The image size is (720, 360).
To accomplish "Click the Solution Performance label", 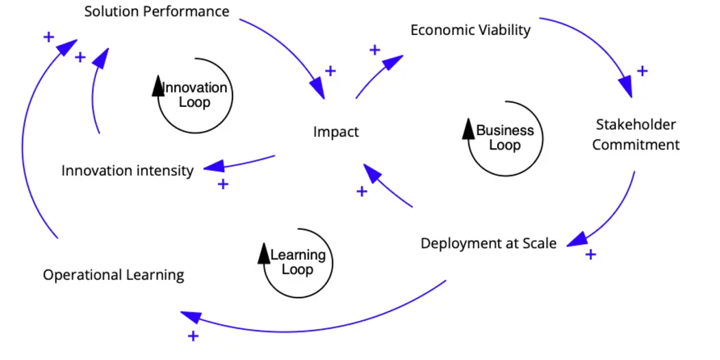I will pyautogui.click(x=156, y=12).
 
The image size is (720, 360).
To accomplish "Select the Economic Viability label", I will pyautogui.click(x=470, y=30).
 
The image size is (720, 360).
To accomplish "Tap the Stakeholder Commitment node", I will pyautogui.click(x=636, y=134).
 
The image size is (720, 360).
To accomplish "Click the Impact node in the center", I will pyautogui.click(x=336, y=132).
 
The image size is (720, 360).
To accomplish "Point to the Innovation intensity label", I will pyautogui.click(x=128, y=170).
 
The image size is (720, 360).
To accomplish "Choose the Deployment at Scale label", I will pyautogui.click(x=488, y=243).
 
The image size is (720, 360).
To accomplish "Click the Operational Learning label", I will pyautogui.click(x=114, y=275).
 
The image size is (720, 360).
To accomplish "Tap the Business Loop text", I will pyautogui.click(x=505, y=137).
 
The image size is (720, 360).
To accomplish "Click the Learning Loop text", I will pyautogui.click(x=298, y=262).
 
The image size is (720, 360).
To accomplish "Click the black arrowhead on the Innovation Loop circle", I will pyautogui.click(x=158, y=86).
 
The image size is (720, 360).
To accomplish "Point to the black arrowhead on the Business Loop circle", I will pyautogui.click(x=469, y=128).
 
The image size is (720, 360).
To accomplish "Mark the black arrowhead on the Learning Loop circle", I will pyautogui.click(x=264, y=253).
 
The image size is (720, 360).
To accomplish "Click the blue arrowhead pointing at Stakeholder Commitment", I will pyautogui.click(x=625, y=87).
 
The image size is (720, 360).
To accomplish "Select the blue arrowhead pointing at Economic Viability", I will pyautogui.click(x=392, y=63).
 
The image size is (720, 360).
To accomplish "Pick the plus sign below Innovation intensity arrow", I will pyautogui.click(x=223, y=184).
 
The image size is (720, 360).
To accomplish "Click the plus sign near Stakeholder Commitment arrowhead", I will pyautogui.click(x=642, y=71).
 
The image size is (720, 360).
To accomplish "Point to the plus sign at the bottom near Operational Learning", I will pyautogui.click(x=193, y=336).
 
